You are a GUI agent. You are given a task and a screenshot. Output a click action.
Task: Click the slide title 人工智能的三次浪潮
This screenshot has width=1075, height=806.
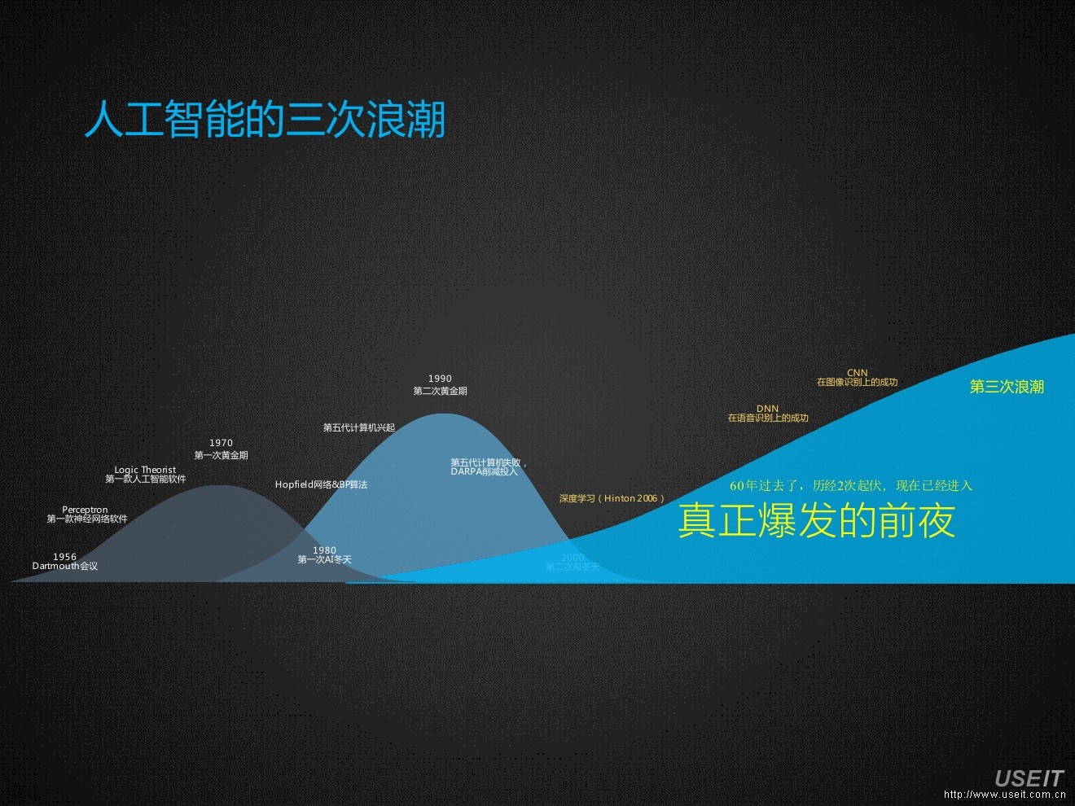265,120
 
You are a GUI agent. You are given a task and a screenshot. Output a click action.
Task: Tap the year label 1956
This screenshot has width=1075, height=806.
64,557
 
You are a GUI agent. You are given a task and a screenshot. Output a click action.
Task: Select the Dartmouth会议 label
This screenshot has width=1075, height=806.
65,567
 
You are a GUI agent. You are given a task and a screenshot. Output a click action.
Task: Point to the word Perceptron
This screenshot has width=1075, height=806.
85,510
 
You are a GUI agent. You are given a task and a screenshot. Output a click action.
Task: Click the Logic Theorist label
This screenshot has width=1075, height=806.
145,470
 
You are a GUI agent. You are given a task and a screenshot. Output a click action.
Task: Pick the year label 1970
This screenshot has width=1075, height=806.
221,443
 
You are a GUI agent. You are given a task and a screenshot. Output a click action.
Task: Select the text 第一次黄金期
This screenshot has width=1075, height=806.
221,455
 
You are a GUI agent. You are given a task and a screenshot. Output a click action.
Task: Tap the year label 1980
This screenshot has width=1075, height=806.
324,550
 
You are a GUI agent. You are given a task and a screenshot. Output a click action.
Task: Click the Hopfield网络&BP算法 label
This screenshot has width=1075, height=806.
321,484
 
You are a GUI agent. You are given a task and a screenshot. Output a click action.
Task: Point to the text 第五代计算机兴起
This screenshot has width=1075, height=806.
358,427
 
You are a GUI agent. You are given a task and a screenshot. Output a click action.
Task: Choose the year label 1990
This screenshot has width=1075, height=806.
440,379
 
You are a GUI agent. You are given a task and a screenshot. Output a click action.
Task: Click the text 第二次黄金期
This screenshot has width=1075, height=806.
440,391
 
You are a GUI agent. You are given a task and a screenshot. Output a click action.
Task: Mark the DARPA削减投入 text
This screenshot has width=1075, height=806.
484,471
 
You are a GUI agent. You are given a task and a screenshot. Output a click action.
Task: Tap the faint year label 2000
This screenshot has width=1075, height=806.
573,558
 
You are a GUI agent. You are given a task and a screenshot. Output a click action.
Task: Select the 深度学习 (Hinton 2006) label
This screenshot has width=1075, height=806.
612,498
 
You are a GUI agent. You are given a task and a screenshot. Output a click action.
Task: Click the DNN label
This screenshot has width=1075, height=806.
767,409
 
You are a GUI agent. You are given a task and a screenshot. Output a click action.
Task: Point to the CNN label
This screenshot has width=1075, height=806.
858,373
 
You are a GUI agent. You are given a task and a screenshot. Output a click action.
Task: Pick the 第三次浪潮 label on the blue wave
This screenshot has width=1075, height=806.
1007,387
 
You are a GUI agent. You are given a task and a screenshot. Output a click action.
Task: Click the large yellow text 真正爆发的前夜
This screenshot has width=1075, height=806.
816,521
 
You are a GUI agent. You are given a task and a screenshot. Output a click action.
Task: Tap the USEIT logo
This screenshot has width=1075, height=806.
1029,779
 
